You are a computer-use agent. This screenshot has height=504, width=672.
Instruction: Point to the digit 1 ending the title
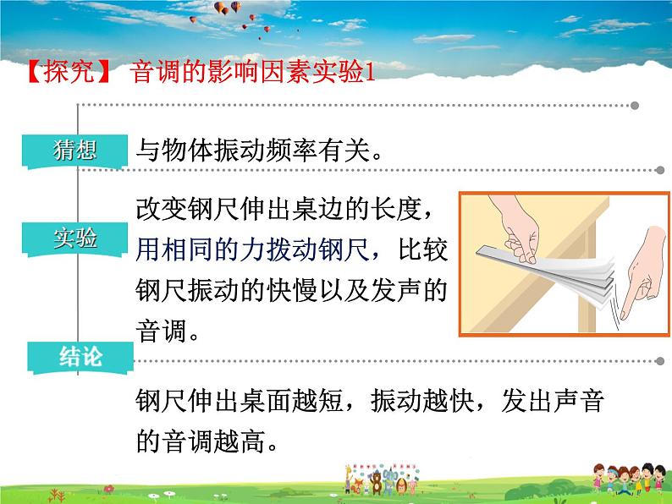tap(368, 73)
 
